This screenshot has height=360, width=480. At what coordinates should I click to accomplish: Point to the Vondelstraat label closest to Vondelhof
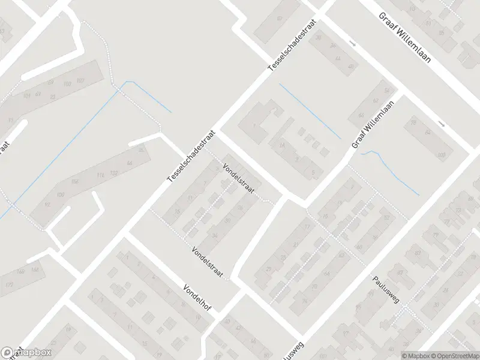(x=208, y=263)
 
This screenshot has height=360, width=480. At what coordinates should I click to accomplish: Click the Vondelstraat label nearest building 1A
(x=239, y=179)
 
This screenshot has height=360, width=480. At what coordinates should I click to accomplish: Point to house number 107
(x=80, y=80)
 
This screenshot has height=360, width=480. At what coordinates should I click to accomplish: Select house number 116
(x=100, y=175)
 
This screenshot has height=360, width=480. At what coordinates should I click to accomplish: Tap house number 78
(x=413, y=123)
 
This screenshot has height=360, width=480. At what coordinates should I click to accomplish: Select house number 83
(x=53, y=97)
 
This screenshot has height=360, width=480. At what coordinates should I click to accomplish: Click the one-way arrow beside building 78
(x=442, y=124)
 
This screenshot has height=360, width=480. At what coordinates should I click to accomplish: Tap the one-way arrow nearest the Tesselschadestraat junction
(x=353, y=44)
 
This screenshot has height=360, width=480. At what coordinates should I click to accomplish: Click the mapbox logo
(x=26, y=353)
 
